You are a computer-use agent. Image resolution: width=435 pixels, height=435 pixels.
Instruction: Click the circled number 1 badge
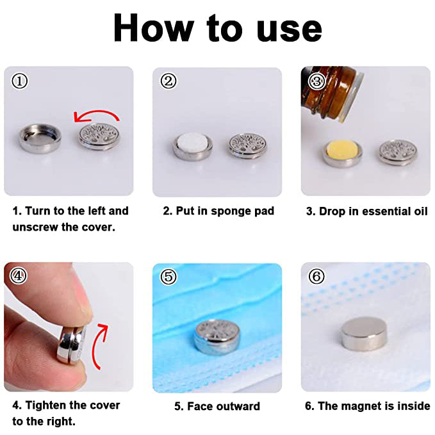20,81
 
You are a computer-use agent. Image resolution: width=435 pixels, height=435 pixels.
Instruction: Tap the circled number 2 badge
168,81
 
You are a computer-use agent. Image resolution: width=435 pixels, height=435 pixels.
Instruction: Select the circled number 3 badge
317,81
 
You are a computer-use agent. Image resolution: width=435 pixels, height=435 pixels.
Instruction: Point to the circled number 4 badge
19,275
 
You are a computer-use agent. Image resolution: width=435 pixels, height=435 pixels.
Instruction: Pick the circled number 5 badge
168,276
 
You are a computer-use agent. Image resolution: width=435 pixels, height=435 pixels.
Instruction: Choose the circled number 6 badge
316,276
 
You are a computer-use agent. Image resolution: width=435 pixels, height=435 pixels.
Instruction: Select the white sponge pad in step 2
193,144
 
